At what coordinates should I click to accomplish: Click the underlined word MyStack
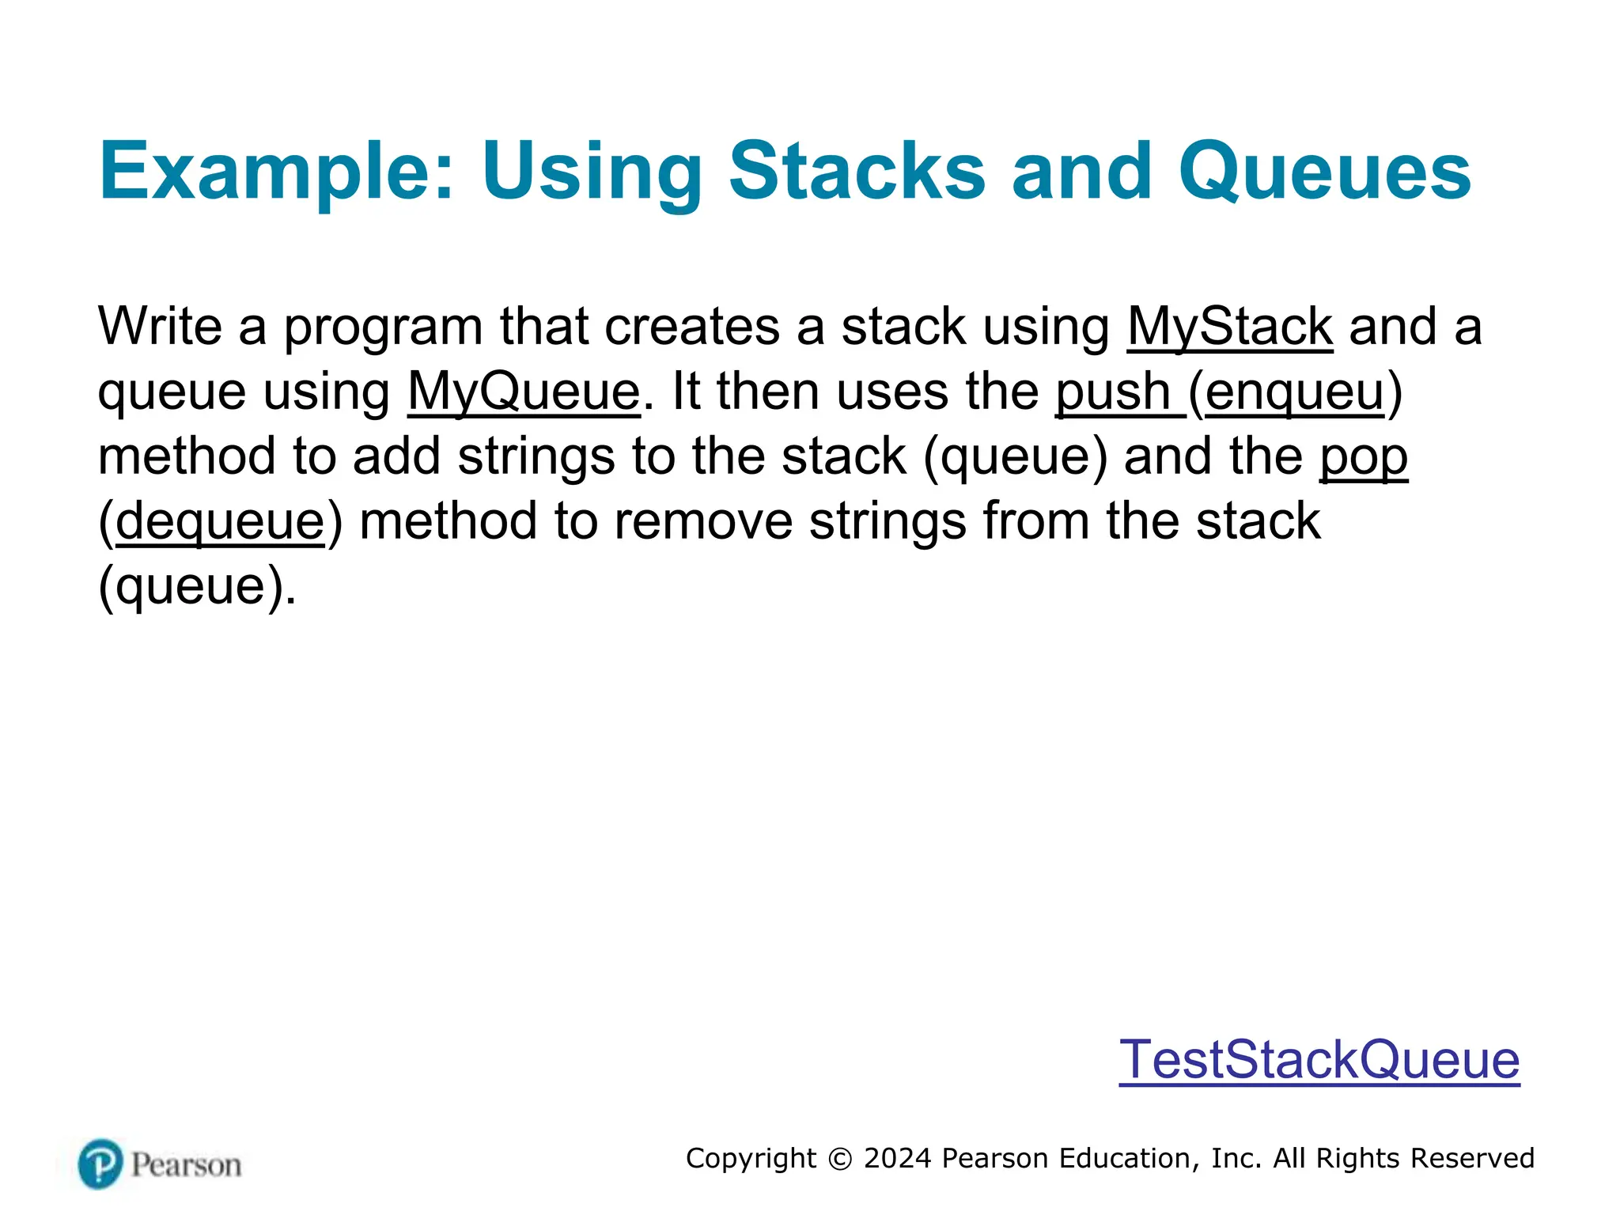(1229, 327)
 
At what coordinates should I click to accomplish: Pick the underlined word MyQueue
(524, 392)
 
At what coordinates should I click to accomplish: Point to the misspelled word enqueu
(1295, 392)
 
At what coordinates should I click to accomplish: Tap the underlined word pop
(1363, 457)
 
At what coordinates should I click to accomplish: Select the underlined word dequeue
(220, 522)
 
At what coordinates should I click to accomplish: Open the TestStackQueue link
(1319, 1059)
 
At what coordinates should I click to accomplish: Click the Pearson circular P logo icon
(100, 1164)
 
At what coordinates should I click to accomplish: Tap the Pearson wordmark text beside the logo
(186, 1165)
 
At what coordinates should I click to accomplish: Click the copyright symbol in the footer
(840, 1159)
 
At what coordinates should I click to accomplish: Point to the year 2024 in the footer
(897, 1158)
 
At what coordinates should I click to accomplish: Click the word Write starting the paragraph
(160, 327)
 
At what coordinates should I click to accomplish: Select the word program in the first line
(383, 327)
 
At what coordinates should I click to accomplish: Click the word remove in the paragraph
(702, 522)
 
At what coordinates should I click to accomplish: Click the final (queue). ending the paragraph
(197, 587)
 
